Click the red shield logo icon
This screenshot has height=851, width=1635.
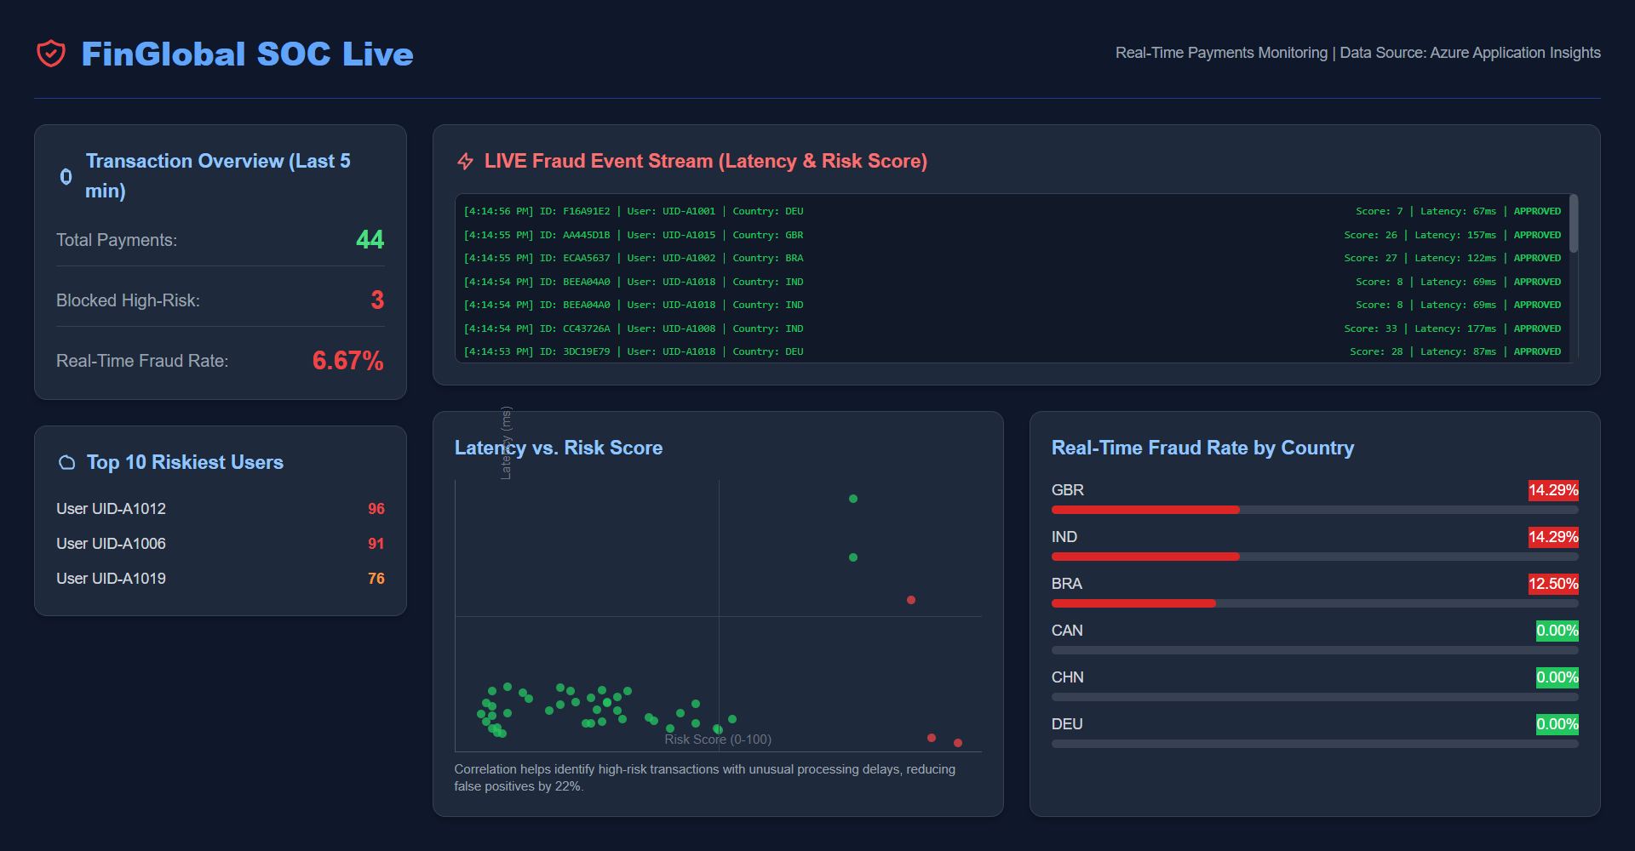(51, 54)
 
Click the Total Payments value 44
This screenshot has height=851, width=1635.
(370, 240)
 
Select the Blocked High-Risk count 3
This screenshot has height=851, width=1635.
(377, 300)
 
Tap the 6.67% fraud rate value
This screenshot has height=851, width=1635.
(347, 361)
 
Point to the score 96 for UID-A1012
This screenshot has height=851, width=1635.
(376, 509)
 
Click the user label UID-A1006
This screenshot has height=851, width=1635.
(111, 544)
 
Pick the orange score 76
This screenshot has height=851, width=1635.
(376, 579)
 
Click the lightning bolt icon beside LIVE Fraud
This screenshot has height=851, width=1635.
(465, 161)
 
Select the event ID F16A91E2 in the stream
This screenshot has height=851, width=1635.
(586, 211)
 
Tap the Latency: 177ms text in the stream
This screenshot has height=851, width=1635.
(1454, 328)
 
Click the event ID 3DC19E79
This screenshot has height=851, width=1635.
(586, 351)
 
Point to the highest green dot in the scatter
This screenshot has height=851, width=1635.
(853, 499)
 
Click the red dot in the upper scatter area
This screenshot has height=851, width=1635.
(911, 600)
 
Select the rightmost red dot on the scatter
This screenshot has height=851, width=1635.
(958, 743)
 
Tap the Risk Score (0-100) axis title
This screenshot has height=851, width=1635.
(718, 740)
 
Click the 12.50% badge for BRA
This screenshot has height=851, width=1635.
(1552, 584)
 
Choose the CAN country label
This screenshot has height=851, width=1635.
(1067, 631)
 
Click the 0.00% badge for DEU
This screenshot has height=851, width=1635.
(1557, 724)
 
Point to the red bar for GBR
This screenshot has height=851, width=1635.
(1145, 510)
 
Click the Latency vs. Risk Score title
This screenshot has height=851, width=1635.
(559, 448)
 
